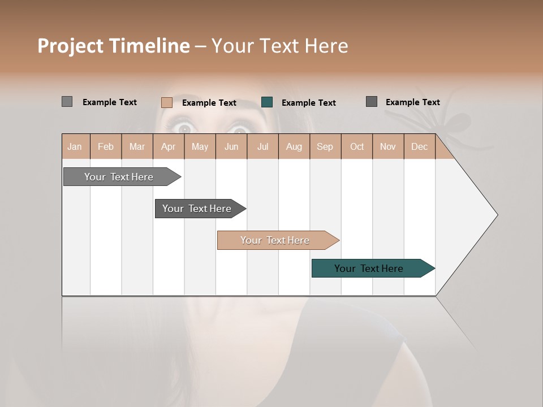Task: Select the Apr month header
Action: [169, 146]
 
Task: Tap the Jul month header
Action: [262, 146]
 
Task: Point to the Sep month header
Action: [325, 146]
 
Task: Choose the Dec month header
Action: [419, 146]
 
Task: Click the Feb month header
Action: [106, 146]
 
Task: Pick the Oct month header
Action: [357, 146]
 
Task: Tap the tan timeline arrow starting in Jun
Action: [275, 240]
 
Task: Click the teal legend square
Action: [267, 102]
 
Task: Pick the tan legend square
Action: [167, 102]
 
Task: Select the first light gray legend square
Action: [67, 102]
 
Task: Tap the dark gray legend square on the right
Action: [372, 102]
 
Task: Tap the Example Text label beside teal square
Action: [309, 103]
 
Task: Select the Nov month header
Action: [388, 146]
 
